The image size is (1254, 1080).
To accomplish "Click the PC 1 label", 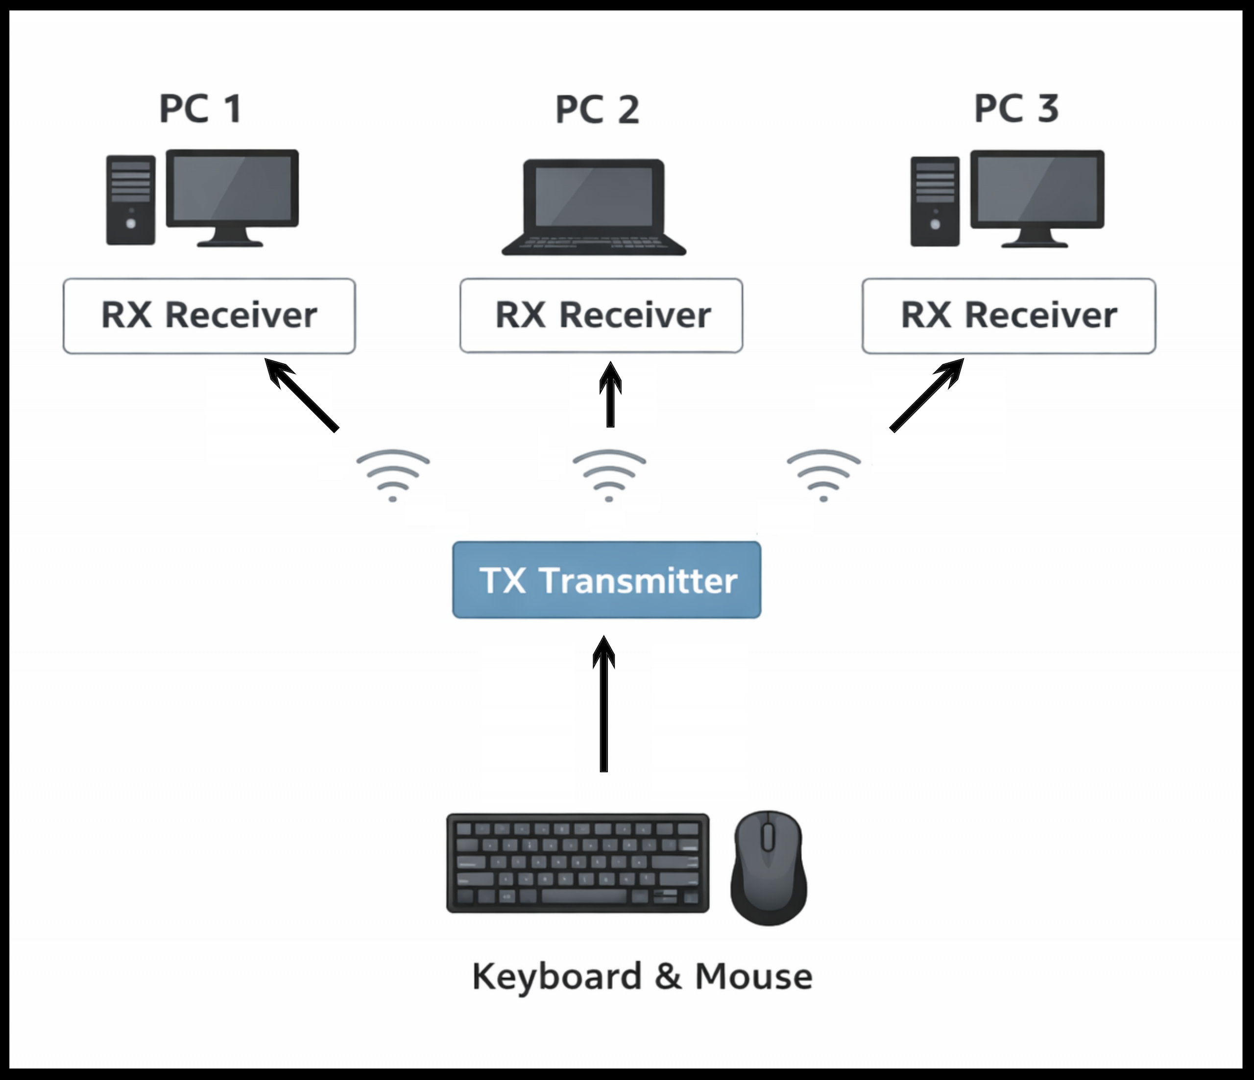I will coord(200,109).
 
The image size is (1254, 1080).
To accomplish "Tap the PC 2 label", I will coord(597,110).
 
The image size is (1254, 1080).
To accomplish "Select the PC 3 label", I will coord(1016,109).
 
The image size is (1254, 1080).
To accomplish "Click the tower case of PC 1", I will coord(131,200).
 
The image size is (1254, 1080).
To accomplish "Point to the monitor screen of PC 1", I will coord(232,188).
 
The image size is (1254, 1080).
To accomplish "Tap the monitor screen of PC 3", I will coord(1037,189).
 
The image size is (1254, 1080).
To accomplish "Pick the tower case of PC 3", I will coord(935,202).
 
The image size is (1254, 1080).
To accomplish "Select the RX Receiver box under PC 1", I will coord(209,316).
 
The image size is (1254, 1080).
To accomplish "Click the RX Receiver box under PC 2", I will coord(601,316).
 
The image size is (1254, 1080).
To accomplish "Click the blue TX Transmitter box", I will coord(606,580).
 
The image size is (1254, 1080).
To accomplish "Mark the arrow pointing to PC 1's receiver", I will coord(302,395).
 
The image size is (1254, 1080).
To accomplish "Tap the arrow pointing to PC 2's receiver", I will coord(610,396).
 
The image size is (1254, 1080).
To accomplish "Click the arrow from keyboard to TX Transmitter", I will coord(603,705).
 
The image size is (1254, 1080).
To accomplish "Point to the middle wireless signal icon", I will coord(609,475).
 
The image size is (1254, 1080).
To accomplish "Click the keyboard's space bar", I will coord(583,896).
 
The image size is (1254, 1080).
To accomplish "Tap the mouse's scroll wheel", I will coord(768,837).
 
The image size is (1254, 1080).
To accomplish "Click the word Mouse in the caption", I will coord(753,977).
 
